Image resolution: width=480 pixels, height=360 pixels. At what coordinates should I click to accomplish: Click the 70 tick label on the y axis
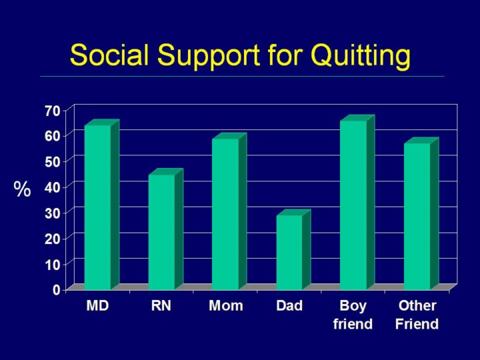[53, 111]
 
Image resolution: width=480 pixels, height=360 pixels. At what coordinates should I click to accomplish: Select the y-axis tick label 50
[53, 162]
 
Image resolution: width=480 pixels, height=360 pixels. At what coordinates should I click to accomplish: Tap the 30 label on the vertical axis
[53, 213]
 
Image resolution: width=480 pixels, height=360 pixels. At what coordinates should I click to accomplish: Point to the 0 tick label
[57, 289]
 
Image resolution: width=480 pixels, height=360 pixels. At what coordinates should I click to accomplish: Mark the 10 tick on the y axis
[53, 265]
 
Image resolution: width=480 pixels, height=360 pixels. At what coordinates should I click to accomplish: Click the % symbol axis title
[22, 189]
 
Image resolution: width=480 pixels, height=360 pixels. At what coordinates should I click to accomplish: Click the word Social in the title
[109, 55]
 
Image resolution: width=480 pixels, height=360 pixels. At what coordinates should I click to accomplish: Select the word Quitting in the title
[360, 57]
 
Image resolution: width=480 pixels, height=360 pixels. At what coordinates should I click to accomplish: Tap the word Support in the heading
[209, 57]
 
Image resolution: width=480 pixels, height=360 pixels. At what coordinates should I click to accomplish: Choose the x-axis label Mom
[226, 306]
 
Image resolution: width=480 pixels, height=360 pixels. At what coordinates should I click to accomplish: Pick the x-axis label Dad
[289, 306]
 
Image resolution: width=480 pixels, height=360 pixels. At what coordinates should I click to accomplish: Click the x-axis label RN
[161, 306]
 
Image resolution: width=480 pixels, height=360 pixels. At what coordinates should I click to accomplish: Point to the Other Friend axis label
[417, 315]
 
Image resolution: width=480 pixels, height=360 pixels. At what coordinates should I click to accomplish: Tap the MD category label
[97, 306]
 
